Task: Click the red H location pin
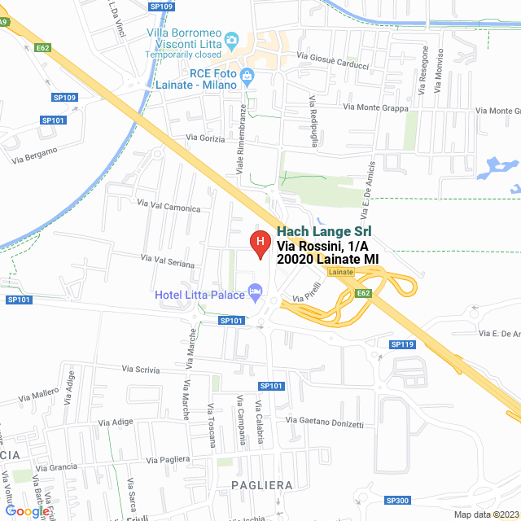tap(260, 243)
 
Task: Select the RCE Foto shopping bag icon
tap(248, 75)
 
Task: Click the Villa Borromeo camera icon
tap(231, 39)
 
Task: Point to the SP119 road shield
tap(402, 344)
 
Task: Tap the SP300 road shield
tap(398, 500)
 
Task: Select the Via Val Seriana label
tap(168, 260)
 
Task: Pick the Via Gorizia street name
tap(205, 138)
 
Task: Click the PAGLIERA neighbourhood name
tap(261, 484)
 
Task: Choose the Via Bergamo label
tap(35, 155)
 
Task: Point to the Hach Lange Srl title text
tap(324, 231)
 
